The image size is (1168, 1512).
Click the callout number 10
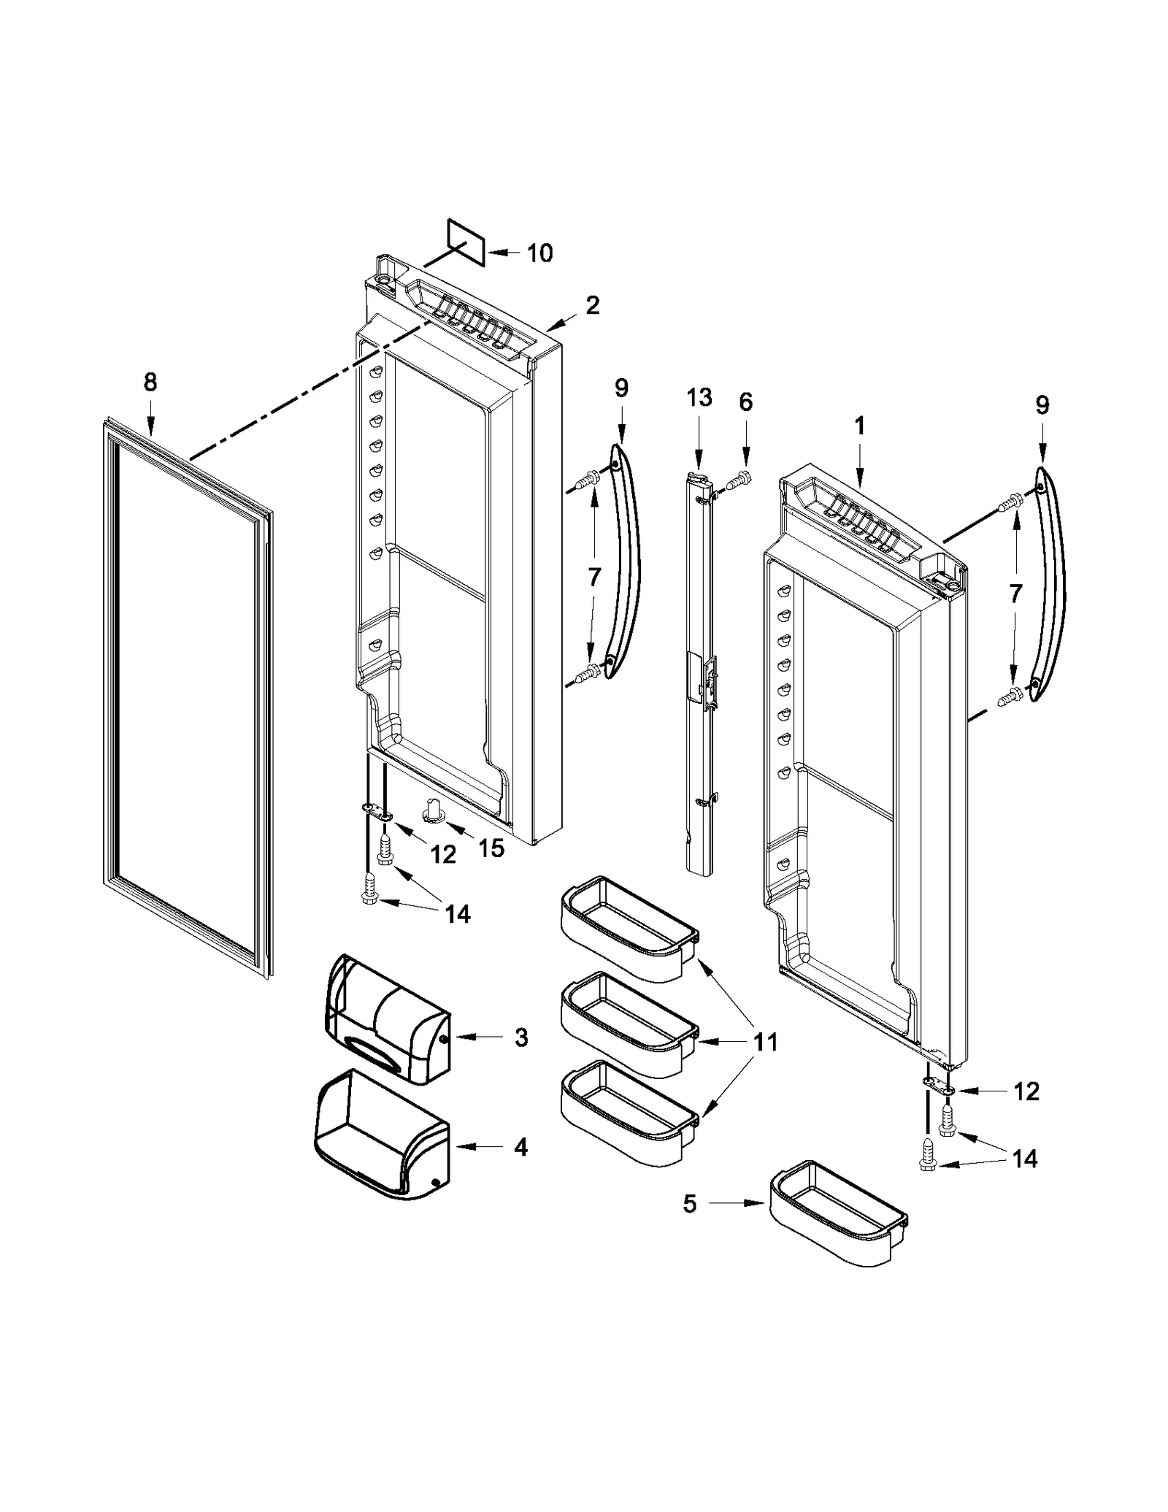pos(539,253)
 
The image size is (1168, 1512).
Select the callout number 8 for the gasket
pos(150,382)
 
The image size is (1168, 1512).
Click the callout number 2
pos(592,305)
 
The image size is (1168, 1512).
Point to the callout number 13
pos(699,398)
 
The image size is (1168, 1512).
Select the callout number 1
pos(859,426)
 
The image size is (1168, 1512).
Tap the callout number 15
pos(491,848)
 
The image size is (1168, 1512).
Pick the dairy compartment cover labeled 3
pos(387,1018)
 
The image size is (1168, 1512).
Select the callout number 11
pos(765,1042)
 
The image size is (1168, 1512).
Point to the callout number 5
pos(690,1204)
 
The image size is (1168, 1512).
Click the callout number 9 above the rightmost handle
pos(1042,405)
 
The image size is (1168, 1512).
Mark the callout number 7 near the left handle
pos(594,577)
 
